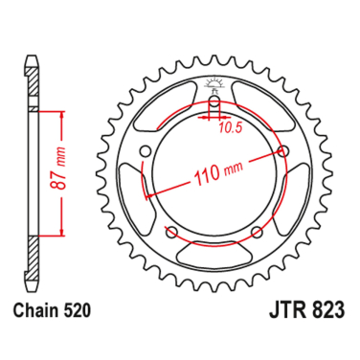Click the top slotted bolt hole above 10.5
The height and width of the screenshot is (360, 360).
[214, 103]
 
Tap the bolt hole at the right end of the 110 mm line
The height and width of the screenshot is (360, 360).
[284, 150]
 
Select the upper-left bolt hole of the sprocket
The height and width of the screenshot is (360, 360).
[145, 150]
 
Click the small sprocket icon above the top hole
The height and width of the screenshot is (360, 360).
[214, 84]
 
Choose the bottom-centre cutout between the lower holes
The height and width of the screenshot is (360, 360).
[214, 250]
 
